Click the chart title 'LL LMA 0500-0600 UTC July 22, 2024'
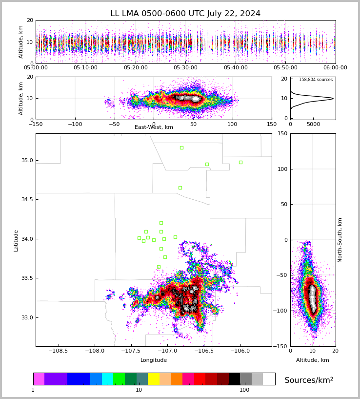coord(185,14)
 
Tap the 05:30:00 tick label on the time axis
coord(185,68)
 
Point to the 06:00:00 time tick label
coord(335,68)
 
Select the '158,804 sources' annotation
coord(316,80)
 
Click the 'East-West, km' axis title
coord(154,127)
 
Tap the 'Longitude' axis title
coord(154,360)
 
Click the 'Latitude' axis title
coord(16,240)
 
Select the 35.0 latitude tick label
coord(27,161)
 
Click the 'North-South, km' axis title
coord(340,240)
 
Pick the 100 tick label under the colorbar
coord(244,390)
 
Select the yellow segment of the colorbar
coord(154,379)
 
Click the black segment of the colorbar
coord(234,379)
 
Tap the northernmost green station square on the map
coord(181,147)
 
